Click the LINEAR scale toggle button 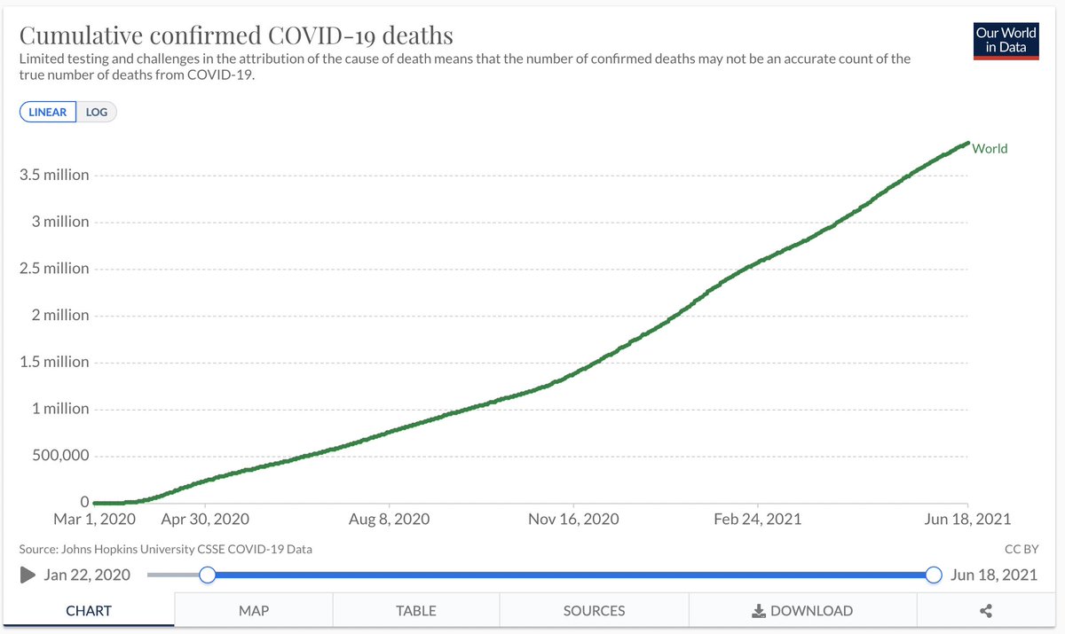click(x=48, y=113)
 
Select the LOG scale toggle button click(x=97, y=113)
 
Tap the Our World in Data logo click(x=1006, y=39)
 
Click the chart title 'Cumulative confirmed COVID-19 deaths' click(x=236, y=35)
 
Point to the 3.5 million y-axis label click(x=54, y=175)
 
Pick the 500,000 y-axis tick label click(x=55, y=456)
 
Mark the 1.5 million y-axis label click(x=54, y=362)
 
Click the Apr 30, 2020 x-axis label click(x=206, y=519)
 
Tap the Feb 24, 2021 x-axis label click(x=757, y=519)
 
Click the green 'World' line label click(x=990, y=148)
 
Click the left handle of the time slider click(x=207, y=575)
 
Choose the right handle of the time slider click(x=934, y=575)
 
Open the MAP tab click(x=254, y=611)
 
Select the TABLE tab click(x=416, y=611)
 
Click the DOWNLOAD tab click(x=802, y=611)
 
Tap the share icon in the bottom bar click(x=985, y=611)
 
